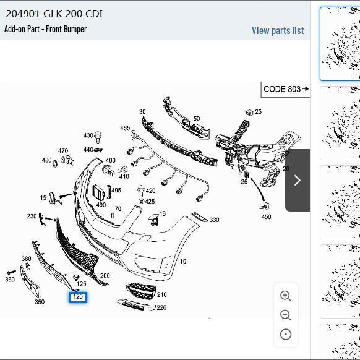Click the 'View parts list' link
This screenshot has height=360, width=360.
[278, 30]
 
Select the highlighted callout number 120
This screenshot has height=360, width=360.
[78, 297]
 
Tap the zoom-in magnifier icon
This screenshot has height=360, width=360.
[286, 296]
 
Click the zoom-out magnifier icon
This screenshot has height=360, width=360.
[286, 315]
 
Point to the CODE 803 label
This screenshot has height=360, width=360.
[282, 89]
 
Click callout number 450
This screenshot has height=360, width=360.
[267, 216]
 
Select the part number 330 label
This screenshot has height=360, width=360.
[214, 220]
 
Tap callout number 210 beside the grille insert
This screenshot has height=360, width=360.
[162, 294]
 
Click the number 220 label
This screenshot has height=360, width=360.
[161, 307]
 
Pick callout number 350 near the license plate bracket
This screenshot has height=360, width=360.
[40, 302]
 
